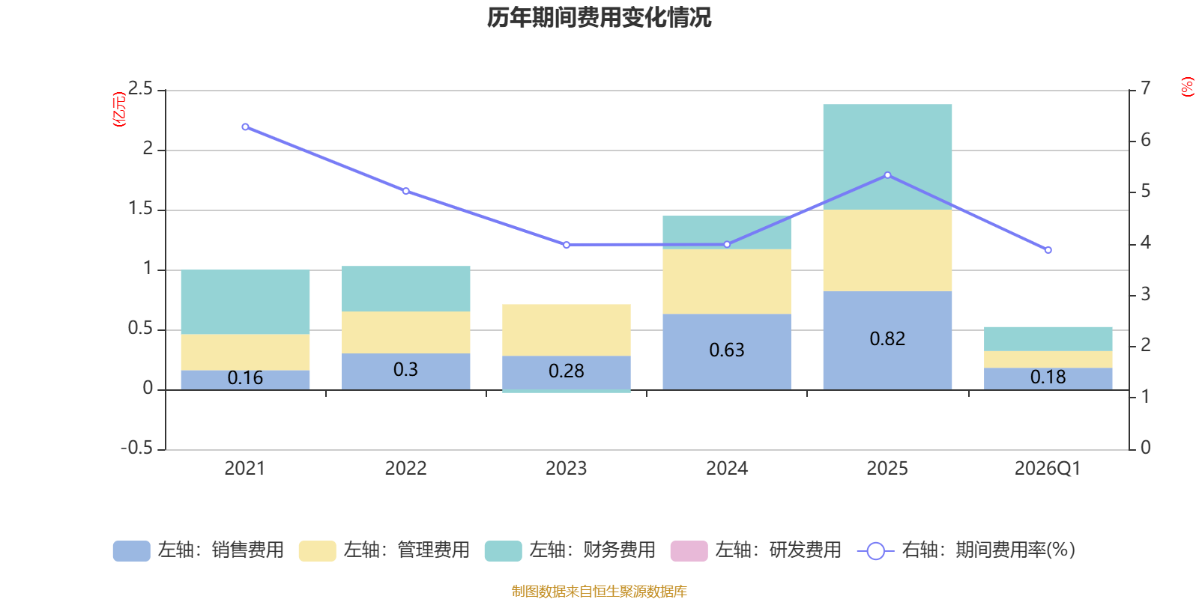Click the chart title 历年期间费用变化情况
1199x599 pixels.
click(599, 17)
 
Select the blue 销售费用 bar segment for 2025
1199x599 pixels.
click(887, 314)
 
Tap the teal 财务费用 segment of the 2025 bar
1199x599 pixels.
click(887, 156)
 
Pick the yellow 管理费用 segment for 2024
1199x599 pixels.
click(727, 282)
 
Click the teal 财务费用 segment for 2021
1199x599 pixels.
click(245, 302)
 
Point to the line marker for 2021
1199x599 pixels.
click(245, 127)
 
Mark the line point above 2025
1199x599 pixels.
click(887, 175)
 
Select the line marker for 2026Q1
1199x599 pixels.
click(1048, 250)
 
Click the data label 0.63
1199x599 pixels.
click(727, 350)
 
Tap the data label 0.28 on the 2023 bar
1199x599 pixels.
click(566, 371)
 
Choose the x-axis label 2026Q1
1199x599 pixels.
click(1048, 469)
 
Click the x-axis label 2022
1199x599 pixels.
click(405, 469)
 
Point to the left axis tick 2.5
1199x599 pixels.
click(140, 89)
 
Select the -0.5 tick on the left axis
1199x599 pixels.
click(136, 448)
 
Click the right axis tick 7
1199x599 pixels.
click(1146, 88)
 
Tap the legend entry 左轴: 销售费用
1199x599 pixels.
click(199, 550)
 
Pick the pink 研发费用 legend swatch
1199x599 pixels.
click(689, 551)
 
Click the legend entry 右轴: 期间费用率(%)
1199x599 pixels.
click(967, 550)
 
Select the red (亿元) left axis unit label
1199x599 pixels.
click(118, 109)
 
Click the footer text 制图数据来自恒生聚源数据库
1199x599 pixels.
click(599, 592)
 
